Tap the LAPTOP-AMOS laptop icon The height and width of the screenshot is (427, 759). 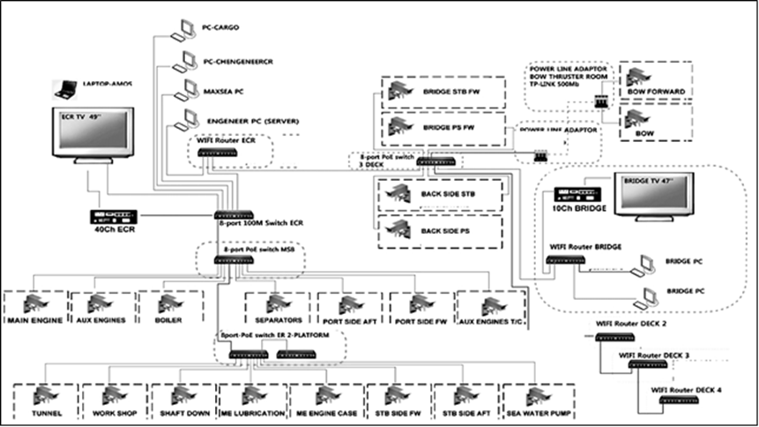point(64,88)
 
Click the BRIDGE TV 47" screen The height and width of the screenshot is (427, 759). point(652,199)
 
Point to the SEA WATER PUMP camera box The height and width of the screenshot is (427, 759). point(538,401)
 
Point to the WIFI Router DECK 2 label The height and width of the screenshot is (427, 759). point(630,325)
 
